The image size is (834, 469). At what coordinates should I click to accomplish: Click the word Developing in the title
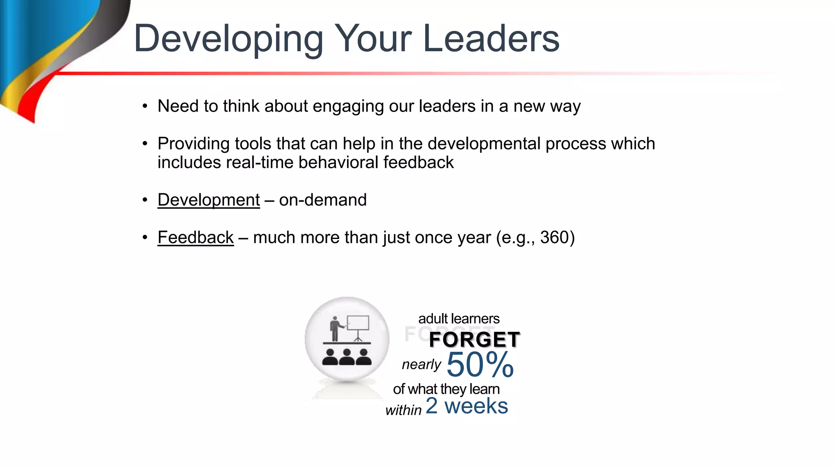point(228,39)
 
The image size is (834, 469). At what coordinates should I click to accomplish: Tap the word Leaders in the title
point(491,39)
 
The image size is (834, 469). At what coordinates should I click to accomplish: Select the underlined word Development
point(208,200)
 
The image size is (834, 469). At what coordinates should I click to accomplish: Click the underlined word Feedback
point(195,237)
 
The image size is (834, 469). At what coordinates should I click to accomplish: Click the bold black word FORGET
point(474,340)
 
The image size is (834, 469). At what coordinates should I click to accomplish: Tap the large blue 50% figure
point(480,364)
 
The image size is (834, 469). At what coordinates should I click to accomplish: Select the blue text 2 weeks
point(467,406)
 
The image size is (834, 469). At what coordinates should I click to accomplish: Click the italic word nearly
point(421,364)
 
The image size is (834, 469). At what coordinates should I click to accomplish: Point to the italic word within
point(403,410)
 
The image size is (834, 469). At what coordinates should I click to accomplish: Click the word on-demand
point(323,200)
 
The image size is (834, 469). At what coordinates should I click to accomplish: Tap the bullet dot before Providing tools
point(145,144)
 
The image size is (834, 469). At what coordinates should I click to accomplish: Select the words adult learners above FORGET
point(459,318)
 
